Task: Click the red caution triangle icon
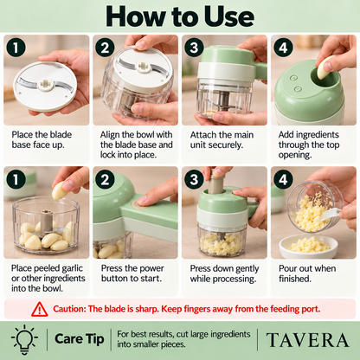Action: (40, 309)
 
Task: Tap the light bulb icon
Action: (24, 339)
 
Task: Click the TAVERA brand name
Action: (307, 340)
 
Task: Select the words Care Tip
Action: (80, 339)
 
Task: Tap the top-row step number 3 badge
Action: (195, 48)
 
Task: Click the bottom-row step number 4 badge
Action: (283, 179)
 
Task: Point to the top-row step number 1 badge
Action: (16, 48)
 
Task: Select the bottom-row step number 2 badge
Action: (105, 179)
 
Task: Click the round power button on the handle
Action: (140, 204)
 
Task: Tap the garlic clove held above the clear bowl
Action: (60, 190)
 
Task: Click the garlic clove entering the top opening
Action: (325, 67)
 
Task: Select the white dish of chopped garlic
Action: (308, 247)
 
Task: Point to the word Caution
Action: (69, 309)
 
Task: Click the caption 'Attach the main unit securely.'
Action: (222, 140)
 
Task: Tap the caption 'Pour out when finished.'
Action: (307, 273)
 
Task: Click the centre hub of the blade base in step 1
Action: (45, 84)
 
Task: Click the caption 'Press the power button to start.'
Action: (132, 273)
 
